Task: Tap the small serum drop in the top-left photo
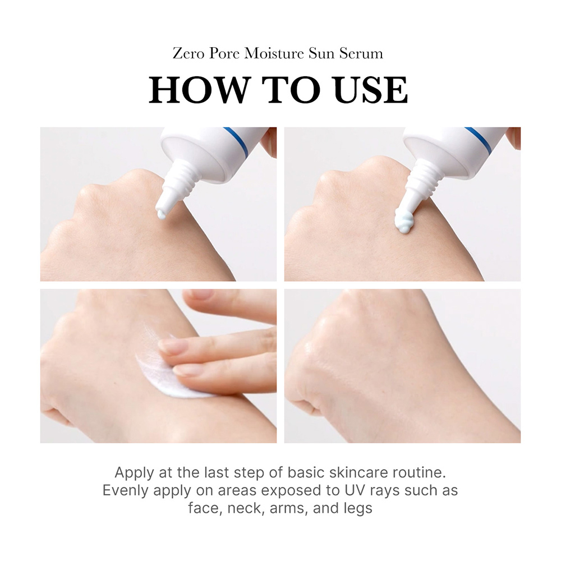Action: click(160, 214)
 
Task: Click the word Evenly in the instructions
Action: click(126, 490)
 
